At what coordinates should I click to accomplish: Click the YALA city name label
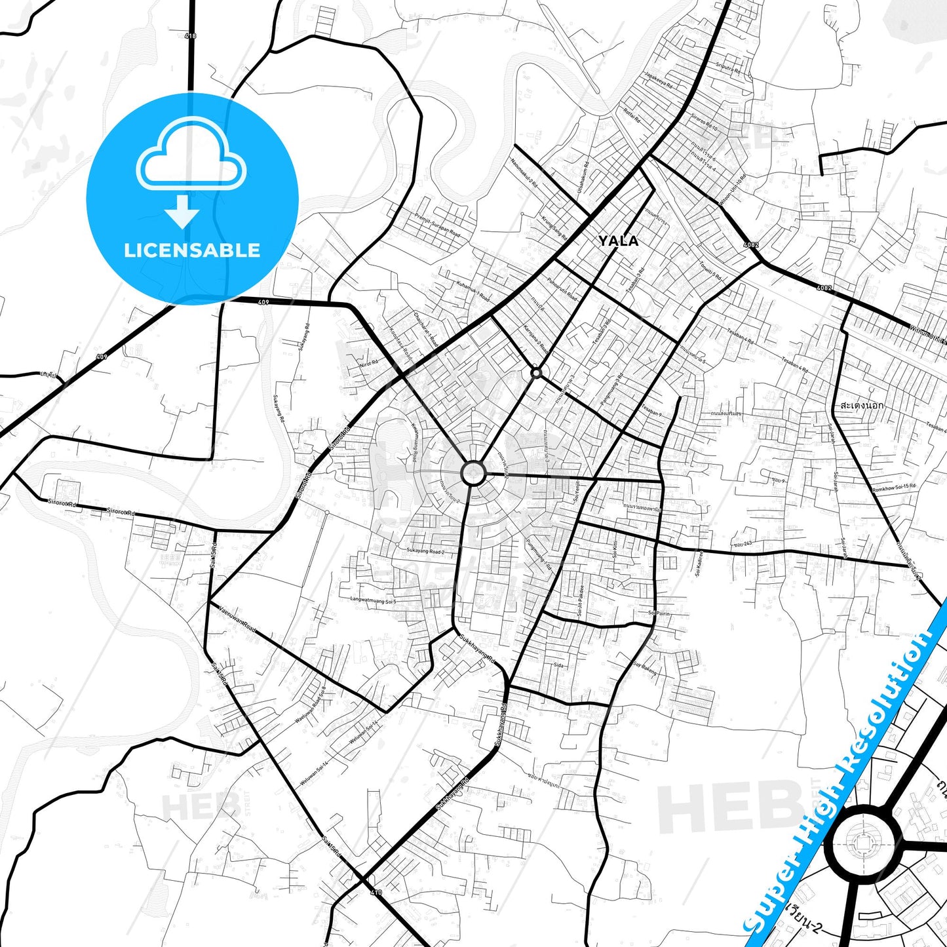(x=618, y=241)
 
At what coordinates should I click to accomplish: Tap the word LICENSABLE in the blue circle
(x=192, y=250)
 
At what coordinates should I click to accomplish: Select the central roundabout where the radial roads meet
(x=473, y=473)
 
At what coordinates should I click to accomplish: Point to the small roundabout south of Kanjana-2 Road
(x=536, y=372)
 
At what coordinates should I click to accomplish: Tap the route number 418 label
(x=191, y=36)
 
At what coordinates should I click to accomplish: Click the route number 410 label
(x=376, y=893)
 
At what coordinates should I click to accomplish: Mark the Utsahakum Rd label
(x=581, y=176)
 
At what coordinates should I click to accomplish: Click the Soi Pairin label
(x=659, y=613)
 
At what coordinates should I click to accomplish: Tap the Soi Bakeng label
(x=645, y=668)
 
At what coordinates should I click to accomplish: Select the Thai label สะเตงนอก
(x=861, y=406)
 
